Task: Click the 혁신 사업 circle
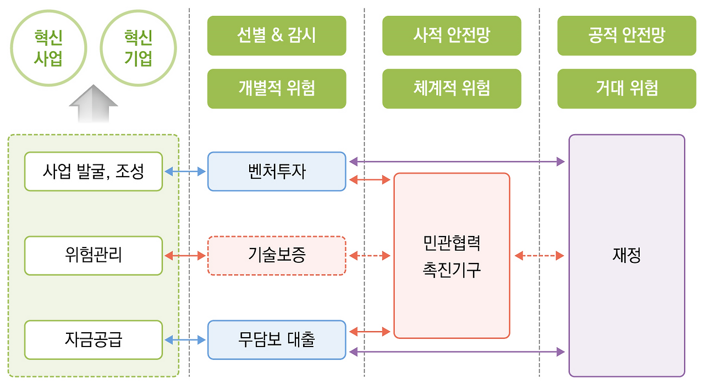[x=48, y=48]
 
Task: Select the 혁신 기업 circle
[x=138, y=48]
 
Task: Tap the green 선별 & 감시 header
[x=277, y=36]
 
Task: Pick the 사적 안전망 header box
[x=452, y=36]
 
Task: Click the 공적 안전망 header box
[x=626, y=36]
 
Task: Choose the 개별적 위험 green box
[x=277, y=89]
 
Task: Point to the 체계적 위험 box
[x=452, y=89]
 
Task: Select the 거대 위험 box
[x=626, y=89]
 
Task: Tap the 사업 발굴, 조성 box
[x=94, y=172]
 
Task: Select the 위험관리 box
[x=94, y=256]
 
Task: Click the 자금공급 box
[x=94, y=340]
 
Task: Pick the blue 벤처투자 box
[x=277, y=172]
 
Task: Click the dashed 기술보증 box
[x=277, y=256]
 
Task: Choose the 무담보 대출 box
[x=277, y=340]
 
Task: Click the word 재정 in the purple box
[x=626, y=256]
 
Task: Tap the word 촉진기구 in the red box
[x=452, y=270]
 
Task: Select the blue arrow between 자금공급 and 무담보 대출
[x=185, y=340]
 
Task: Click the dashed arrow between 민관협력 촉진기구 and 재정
[x=539, y=256]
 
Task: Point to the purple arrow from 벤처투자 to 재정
[x=457, y=162]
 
